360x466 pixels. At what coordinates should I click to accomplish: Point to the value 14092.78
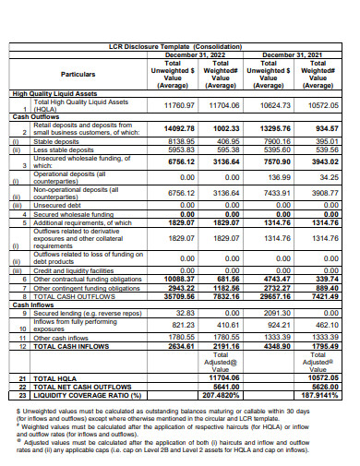pyautogui.click(x=181, y=129)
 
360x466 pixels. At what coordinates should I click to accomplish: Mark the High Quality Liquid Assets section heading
pyautogui.click(x=55, y=94)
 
